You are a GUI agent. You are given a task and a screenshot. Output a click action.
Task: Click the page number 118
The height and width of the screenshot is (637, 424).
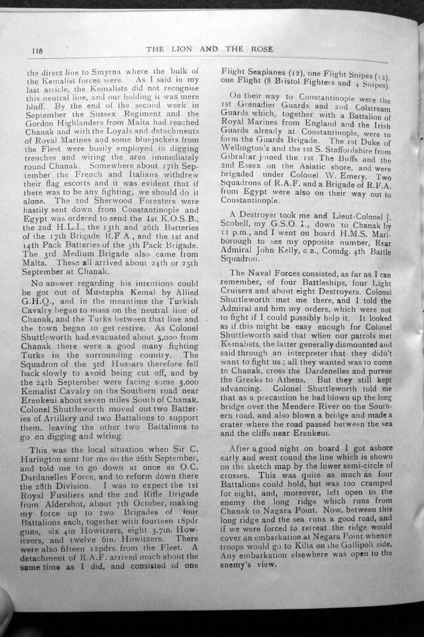(x=38, y=49)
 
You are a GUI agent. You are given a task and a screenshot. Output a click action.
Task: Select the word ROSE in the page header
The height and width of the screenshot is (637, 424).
(x=261, y=49)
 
